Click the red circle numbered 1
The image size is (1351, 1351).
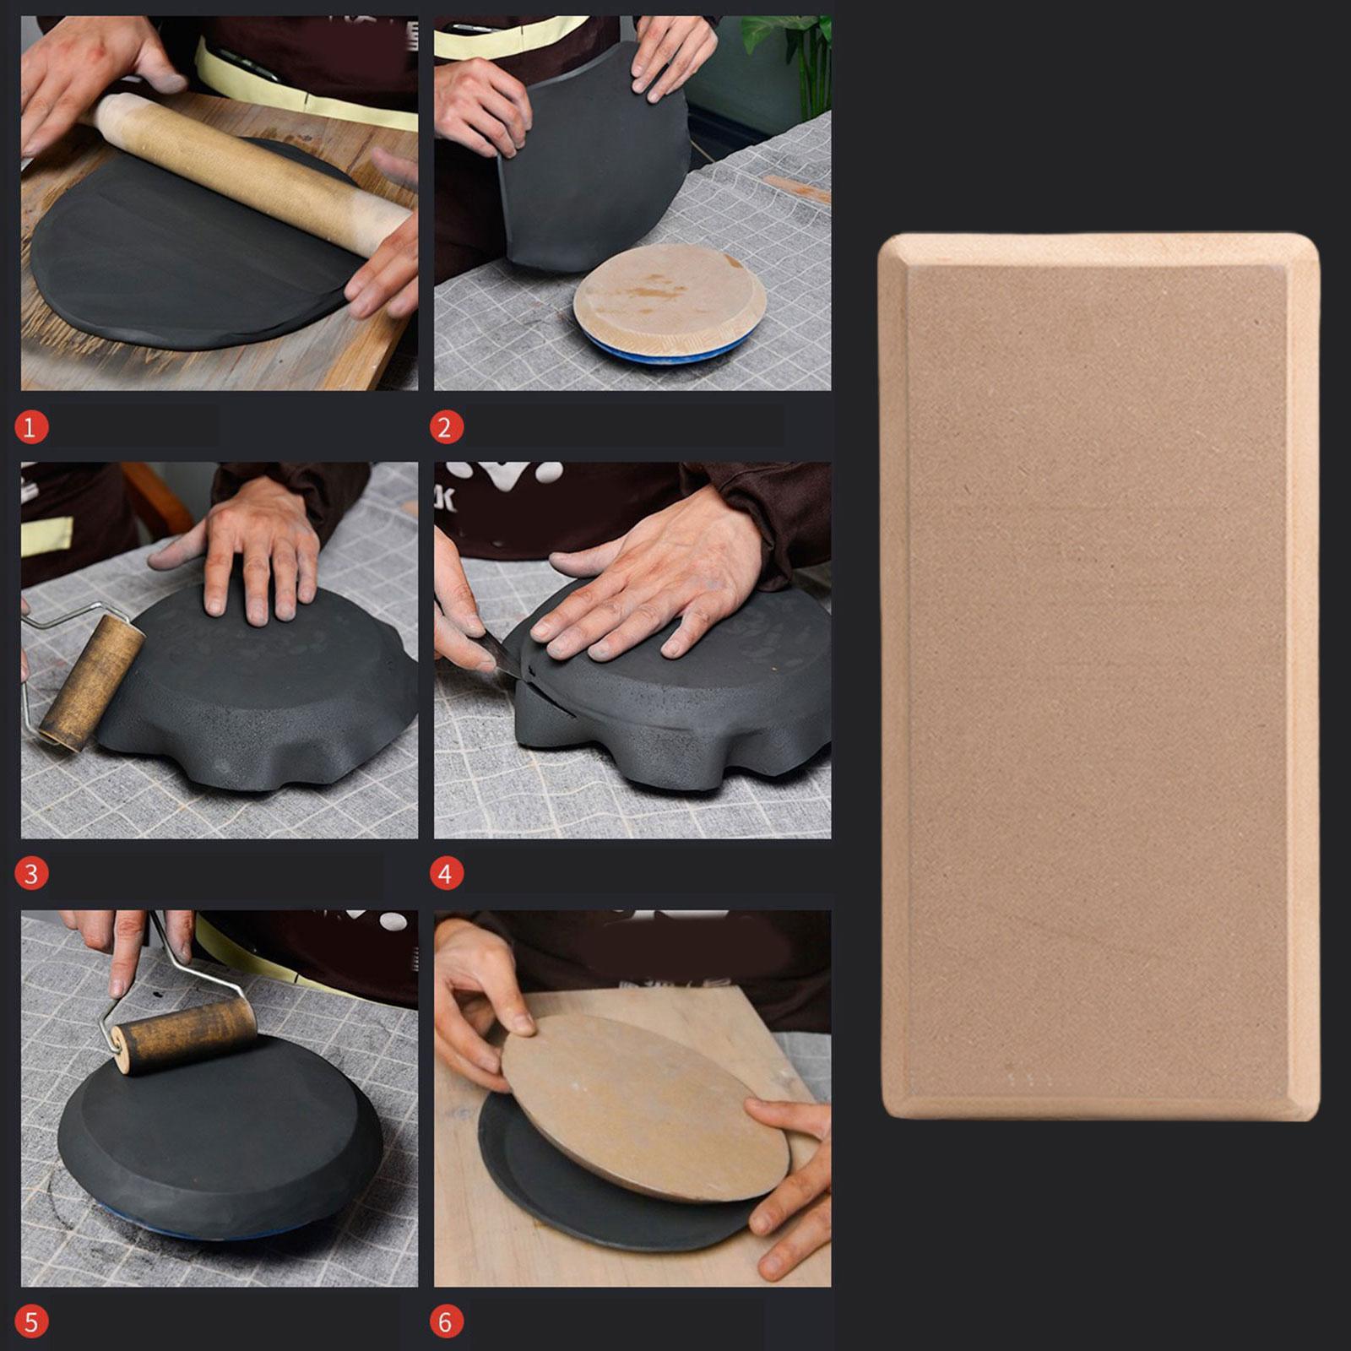click(x=30, y=427)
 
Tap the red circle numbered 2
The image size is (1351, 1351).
click(x=446, y=427)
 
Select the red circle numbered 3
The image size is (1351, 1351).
click(x=31, y=873)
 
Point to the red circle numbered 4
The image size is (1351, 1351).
click(x=446, y=873)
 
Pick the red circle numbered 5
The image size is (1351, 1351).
click(x=31, y=1321)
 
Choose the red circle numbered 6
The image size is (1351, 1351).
click(x=446, y=1321)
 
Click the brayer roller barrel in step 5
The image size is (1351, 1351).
click(x=186, y=1037)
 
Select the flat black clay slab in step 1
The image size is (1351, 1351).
click(x=190, y=253)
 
